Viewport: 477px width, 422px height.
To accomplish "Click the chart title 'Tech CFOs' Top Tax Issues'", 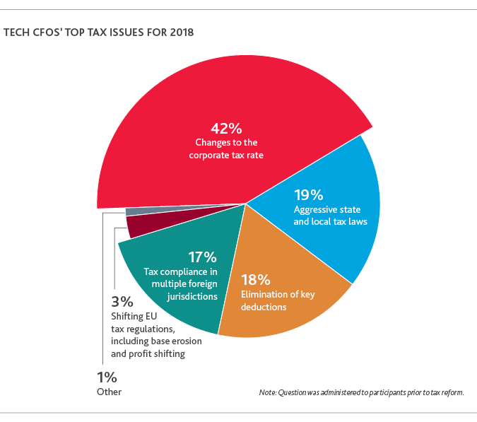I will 99,33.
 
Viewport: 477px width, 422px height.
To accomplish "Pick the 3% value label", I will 123,300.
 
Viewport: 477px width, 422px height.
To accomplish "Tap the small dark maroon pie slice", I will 141,225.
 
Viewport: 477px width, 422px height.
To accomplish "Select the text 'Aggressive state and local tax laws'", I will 330,216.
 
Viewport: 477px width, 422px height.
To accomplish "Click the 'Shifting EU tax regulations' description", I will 155,334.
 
